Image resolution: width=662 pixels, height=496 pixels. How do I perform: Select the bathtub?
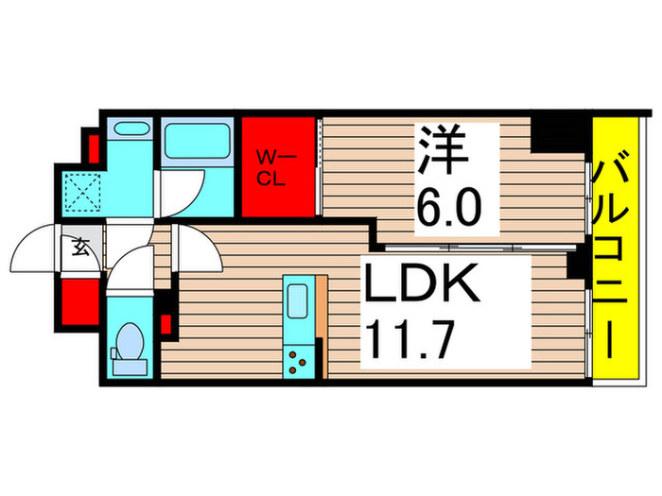[198, 141]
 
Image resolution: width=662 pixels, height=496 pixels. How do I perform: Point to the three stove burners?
[302, 359]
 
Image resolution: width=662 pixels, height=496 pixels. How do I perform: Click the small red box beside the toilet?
[166, 325]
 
